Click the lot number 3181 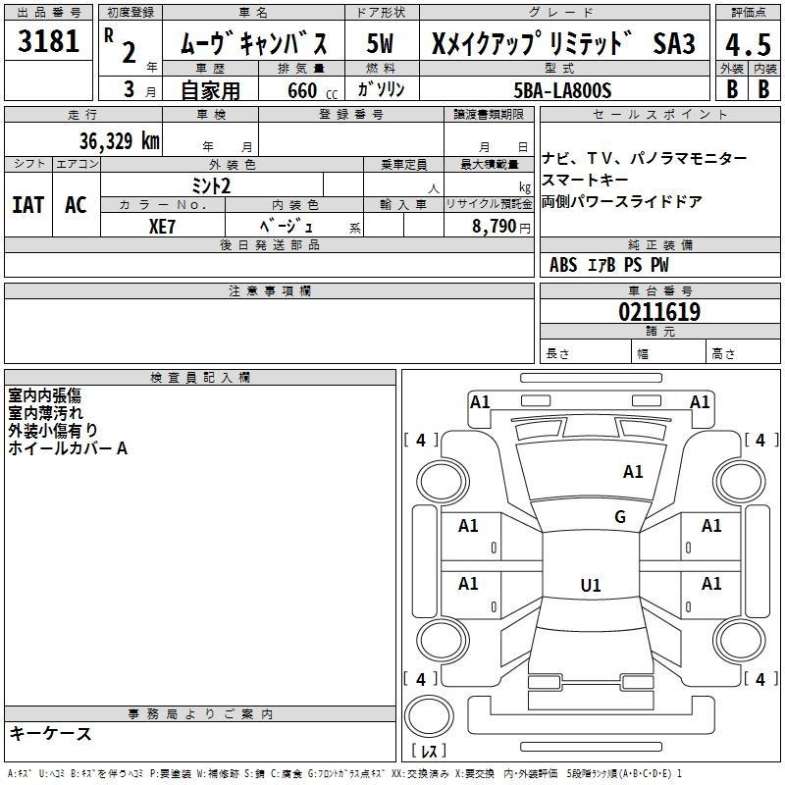48,41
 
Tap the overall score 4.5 748,44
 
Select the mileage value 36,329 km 120,141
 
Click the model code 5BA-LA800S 562,90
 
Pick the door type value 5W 380,43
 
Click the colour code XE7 162,227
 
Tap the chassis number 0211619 659,312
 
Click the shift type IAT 27,205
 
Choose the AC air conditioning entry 76,205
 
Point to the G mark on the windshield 620,517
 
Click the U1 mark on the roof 591,585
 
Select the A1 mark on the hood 633,472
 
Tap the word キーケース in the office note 51,733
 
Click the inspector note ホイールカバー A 68,448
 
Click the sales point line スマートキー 585,180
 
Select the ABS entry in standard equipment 563,265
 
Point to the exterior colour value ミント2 211,186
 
